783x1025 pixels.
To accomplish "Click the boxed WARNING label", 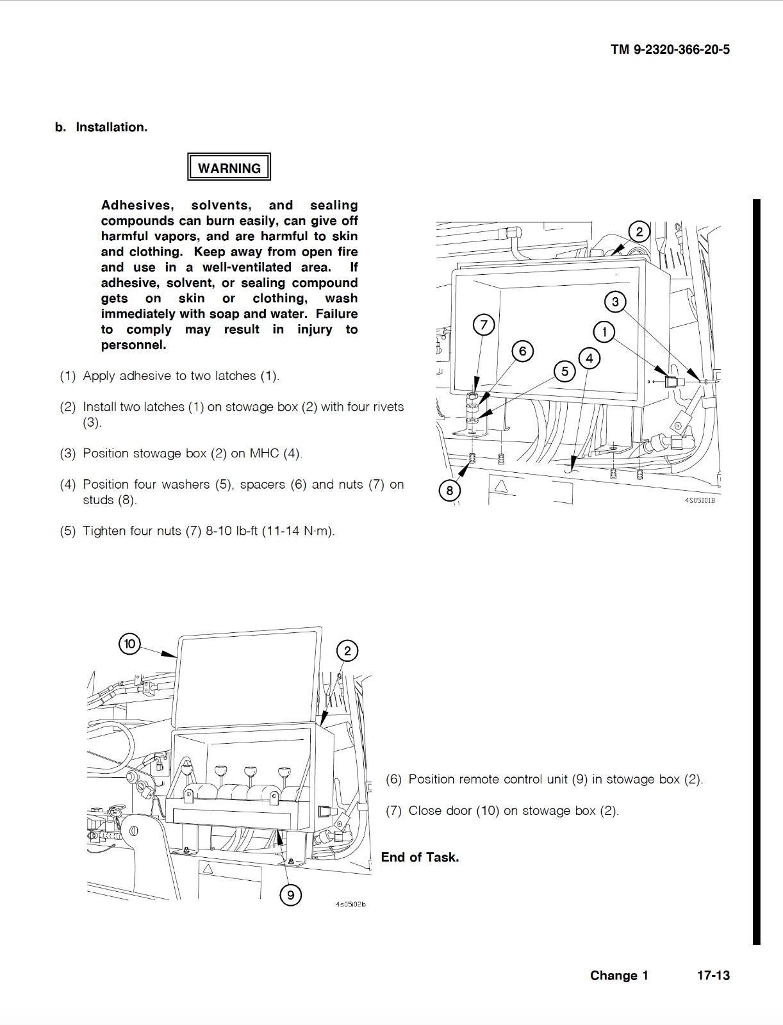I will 229,167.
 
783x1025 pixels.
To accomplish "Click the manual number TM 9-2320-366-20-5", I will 670,49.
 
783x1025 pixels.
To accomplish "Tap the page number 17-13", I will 713,975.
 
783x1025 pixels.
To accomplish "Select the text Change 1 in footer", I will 618,975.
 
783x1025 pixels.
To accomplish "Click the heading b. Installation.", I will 101,127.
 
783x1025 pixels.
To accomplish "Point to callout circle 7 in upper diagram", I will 484,325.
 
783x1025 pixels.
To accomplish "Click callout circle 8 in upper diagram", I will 450,491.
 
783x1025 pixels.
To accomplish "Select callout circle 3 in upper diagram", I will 615,302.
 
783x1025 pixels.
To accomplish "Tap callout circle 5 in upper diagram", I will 565,371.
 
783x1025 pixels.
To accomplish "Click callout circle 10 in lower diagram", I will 130,643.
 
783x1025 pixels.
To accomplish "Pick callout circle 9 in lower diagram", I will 290,895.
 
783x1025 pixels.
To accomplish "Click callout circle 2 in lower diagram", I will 347,651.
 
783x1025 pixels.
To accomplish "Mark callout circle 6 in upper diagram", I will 523,350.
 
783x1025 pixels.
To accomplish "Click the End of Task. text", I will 420,857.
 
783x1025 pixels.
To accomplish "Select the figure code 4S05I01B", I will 700,500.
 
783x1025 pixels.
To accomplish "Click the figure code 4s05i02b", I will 350,904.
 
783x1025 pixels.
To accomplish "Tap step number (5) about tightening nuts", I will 67,531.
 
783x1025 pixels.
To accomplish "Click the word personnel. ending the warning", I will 133,345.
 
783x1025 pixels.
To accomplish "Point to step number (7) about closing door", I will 393,810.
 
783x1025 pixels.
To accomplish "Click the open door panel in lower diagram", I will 247,679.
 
